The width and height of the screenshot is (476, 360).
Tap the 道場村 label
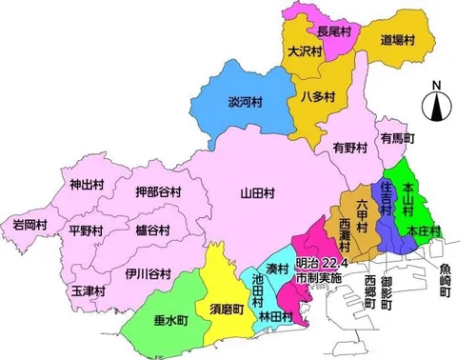coord(403,40)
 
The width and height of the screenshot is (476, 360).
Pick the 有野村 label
coord(350,148)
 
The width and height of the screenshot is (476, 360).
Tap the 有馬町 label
coord(397,138)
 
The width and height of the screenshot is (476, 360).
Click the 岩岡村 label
coord(30,225)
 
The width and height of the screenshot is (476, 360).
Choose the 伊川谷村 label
coord(148,274)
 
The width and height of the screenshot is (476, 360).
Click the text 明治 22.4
coord(317,263)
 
